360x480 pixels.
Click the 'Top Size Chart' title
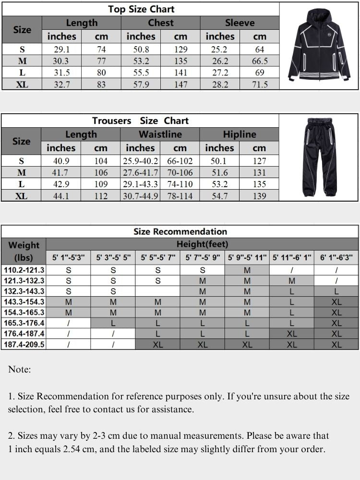pos(141,9)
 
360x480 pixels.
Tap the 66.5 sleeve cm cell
pos(260,61)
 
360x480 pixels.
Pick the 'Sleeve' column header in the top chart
pos(240,23)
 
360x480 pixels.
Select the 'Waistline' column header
pos(160,134)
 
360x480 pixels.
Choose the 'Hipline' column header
pos(239,134)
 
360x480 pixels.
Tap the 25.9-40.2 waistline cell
pos(140,161)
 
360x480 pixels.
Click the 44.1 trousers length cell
pos(61,196)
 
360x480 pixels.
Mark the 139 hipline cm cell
pos(259,196)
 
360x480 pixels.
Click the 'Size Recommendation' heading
pos(180,232)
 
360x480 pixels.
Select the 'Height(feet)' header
pos(202,244)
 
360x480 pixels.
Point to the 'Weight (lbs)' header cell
pos(24,251)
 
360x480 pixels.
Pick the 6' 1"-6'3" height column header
pos(336,258)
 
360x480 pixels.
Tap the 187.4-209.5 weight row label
pos(24,344)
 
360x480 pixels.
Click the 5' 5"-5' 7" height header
pos(158,258)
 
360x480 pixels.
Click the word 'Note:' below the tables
pos(20,369)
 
